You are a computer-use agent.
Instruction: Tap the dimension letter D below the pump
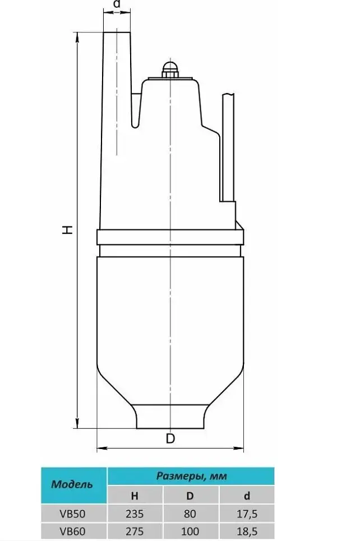(170, 438)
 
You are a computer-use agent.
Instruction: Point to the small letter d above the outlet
(117, 4)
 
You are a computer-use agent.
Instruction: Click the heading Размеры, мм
(192, 477)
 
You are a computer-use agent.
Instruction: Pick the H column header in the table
(135, 496)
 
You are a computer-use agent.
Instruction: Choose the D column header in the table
(190, 496)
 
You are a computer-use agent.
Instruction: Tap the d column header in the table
(246, 496)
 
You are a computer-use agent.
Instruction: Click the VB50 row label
(72, 514)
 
